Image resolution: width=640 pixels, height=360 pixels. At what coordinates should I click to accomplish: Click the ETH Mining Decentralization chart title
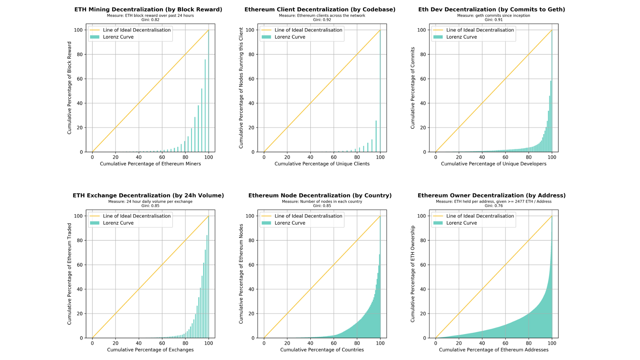point(148,9)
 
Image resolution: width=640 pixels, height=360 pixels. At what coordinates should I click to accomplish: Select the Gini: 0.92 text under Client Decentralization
point(322,20)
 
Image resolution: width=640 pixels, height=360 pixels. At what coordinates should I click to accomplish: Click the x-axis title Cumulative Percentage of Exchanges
point(150,350)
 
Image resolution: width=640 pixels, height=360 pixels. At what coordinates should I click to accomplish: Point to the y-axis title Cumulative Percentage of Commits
point(413,88)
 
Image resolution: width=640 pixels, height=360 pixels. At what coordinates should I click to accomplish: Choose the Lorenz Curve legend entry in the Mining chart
point(118,37)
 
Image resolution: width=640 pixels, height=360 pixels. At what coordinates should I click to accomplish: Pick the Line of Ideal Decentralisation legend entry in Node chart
point(308,216)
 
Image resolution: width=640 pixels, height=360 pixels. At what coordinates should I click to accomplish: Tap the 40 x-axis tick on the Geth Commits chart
point(482,157)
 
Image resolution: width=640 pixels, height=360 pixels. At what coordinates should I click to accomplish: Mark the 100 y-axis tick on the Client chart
point(249,30)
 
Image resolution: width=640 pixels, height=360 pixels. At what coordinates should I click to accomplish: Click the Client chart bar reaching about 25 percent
point(376,136)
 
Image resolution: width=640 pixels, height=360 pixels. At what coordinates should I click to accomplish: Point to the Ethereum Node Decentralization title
point(320,195)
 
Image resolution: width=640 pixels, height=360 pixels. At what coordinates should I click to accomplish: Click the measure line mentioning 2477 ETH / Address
point(494,201)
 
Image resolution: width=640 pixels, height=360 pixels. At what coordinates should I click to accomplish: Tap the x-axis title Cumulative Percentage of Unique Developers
point(494,164)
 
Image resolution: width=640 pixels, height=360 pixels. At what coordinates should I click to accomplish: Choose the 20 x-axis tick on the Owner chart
point(459,343)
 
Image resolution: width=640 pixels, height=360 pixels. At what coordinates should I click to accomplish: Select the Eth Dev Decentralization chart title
point(492,9)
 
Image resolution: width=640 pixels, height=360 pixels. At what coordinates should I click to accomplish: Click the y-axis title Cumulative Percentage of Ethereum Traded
point(70,274)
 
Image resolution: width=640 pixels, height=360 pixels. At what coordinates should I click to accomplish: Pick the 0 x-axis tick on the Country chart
point(264,343)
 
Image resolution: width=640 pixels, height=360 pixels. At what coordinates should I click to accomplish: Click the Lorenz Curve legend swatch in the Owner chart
point(438,223)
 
